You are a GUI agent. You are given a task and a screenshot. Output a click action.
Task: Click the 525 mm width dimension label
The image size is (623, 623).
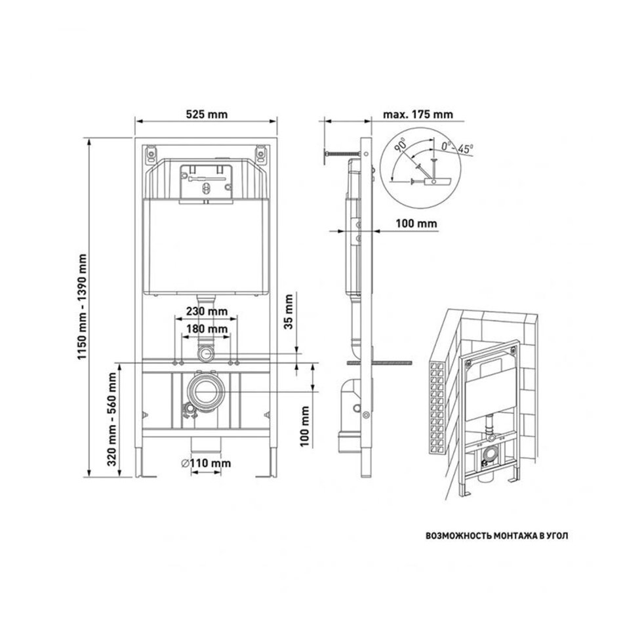[207, 114]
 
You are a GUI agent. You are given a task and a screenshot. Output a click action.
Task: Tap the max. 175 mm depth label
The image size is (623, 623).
[418, 114]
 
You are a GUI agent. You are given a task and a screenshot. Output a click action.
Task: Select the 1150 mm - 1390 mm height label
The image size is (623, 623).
[82, 307]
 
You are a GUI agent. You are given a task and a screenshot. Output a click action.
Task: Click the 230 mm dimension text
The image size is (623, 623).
[207, 311]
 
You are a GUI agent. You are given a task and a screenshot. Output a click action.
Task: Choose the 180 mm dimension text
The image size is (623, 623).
[207, 329]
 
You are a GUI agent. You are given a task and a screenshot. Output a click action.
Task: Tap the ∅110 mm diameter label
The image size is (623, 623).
[206, 463]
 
